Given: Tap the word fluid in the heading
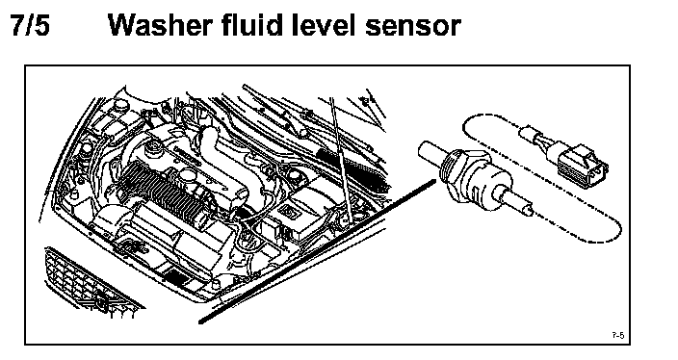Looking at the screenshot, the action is (x=253, y=25).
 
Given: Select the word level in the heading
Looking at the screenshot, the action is (x=325, y=25).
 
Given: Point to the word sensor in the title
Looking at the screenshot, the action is (x=413, y=28).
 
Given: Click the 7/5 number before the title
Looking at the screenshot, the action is (x=30, y=25).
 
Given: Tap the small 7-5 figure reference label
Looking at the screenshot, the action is (x=618, y=335).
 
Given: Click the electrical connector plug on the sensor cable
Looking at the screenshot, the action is (x=583, y=164).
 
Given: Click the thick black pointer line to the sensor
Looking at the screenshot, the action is (x=317, y=252).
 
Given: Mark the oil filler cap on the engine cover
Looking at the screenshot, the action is (x=152, y=148).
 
